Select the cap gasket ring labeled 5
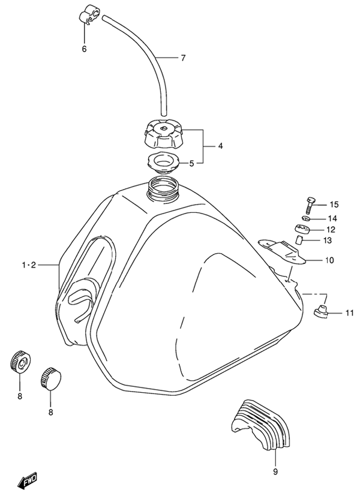163,162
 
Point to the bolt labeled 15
309,205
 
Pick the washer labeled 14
304,218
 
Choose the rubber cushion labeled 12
304,229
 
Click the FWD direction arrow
28,480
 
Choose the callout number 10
330,260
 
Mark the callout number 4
221,146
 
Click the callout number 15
334,205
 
